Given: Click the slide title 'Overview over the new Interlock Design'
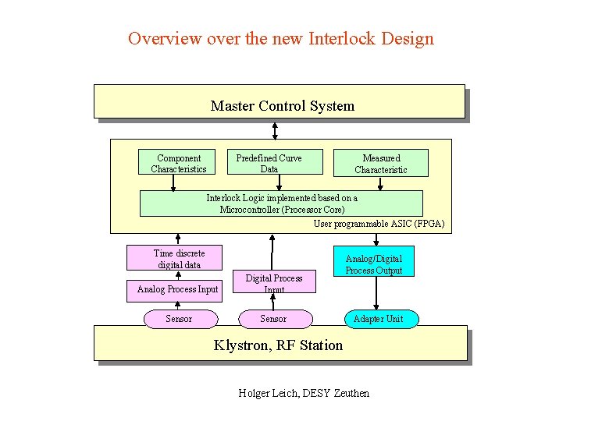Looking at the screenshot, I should (280, 38).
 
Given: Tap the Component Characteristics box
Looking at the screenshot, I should (179, 163).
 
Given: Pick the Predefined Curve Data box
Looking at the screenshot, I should (269, 163).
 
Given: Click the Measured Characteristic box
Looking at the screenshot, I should (381, 163).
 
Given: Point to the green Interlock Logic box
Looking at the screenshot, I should (281, 203).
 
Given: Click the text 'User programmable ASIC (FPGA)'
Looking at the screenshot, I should (379, 224).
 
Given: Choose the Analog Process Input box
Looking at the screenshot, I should (177, 289).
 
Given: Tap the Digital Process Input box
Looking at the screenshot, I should (274, 281).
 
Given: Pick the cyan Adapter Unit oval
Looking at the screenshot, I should (378, 319).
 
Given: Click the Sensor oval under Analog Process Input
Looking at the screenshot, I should (179, 319).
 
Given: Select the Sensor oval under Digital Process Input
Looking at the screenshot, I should (273, 319).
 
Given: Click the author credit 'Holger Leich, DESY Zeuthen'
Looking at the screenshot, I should (304, 393).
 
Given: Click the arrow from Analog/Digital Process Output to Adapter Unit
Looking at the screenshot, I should (376, 292).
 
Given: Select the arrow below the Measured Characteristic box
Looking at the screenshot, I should (380, 183).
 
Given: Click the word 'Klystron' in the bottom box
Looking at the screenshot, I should (240, 345).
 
